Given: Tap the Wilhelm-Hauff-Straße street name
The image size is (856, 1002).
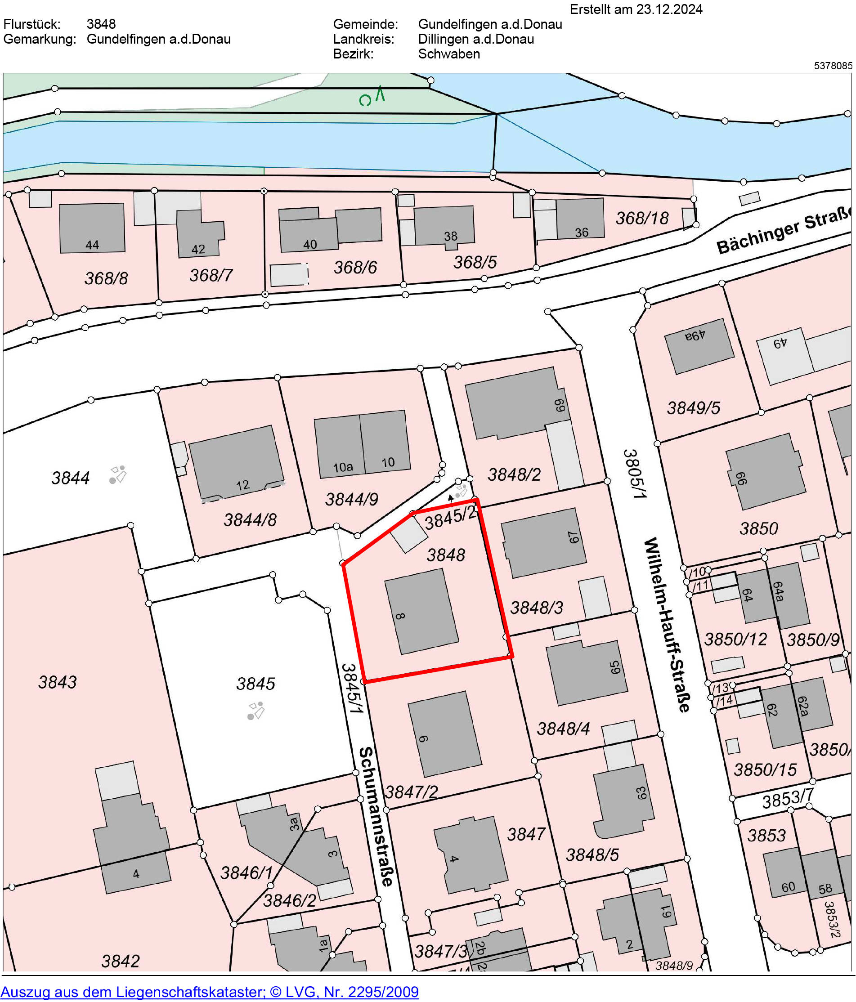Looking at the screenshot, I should point(667,624).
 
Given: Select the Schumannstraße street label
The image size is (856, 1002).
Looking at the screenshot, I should point(376,816).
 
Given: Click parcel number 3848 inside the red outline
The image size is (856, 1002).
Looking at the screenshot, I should point(445,555).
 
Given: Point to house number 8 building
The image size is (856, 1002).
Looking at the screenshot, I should point(421,612).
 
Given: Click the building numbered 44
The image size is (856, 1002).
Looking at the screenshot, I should point(92,228).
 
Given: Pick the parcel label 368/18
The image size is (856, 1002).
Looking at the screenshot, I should point(642,219).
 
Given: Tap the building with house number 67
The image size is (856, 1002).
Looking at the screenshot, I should point(543,542).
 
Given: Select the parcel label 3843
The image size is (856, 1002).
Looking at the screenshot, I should point(58,682).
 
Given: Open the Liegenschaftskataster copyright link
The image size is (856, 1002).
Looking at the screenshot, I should point(210,992).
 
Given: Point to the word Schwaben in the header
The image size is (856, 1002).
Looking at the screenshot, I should point(449,54).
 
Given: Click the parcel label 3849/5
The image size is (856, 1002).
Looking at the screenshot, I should point(693,408).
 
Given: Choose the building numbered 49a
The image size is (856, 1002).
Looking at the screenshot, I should point(699,346).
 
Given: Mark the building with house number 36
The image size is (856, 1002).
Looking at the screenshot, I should point(580,219).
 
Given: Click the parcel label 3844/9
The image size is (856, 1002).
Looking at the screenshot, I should point(352,499).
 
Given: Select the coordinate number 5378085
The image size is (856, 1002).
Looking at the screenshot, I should point(833,66).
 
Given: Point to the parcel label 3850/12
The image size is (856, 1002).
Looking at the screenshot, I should point(735,640).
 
